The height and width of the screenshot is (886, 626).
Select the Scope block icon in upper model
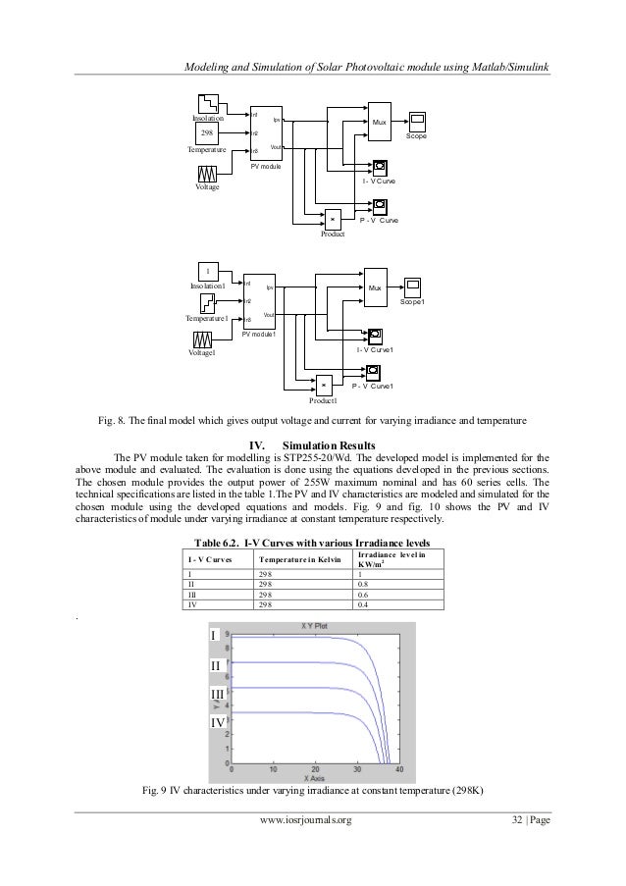tap(417, 121)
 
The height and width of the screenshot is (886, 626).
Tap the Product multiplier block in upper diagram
tap(333, 219)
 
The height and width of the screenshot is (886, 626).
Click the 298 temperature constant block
tap(206, 132)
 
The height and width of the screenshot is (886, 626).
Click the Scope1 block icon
tap(413, 287)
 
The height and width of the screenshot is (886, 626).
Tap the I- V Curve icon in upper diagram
tap(379, 167)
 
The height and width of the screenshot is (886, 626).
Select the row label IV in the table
tap(191, 604)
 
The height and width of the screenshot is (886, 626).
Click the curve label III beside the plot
tap(219, 695)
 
